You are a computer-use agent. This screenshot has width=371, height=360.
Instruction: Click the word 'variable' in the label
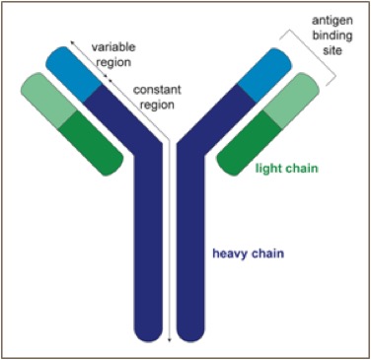click(x=113, y=47)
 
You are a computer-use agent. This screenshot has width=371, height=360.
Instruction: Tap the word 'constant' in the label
click(x=157, y=90)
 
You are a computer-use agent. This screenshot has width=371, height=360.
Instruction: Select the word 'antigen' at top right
click(x=333, y=21)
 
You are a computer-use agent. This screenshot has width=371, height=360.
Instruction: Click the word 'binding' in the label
click(x=333, y=36)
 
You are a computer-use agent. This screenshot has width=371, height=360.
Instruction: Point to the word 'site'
click(x=333, y=50)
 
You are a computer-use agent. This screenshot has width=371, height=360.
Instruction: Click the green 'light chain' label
click(x=287, y=169)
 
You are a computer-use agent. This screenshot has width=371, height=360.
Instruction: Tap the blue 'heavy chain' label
click(x=248, y=253)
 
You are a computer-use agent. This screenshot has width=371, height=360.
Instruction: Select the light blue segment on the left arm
click(x=74, y=74)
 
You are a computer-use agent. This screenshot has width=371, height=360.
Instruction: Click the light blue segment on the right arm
click(x=264, y=75)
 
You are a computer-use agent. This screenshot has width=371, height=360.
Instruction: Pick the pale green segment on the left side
click(x=48, y=101)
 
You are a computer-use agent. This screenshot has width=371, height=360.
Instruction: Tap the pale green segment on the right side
click(x=291, y=100)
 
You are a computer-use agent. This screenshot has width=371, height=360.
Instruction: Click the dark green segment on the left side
click(x=91, y=143)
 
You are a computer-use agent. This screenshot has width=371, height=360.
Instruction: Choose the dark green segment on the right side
click(x=249, y=143)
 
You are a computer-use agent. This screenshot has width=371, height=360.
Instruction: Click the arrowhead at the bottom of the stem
click(x=170, y=339)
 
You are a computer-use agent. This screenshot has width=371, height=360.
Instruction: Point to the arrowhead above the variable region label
click(x=72, y=42)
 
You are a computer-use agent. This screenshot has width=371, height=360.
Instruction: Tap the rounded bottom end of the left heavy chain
click(x=149, y=332)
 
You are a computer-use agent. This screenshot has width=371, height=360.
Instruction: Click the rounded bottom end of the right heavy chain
click(x=190, y=332)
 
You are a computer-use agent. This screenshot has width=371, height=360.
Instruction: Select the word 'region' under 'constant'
click(x=157, y=106)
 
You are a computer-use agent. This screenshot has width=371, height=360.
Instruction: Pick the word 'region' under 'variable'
click(x=113, y=62)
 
